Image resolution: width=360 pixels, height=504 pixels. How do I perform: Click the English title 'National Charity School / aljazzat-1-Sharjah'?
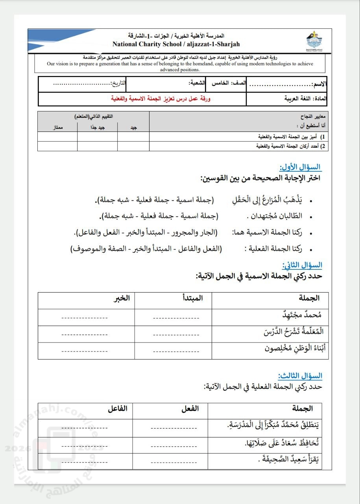click(176, 44)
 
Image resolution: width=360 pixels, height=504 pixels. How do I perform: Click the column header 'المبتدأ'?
click(193, 298)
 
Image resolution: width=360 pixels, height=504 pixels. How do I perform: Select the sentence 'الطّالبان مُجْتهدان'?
click(275, 216)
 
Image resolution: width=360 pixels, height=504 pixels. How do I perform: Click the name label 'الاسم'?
click(319, 85)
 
